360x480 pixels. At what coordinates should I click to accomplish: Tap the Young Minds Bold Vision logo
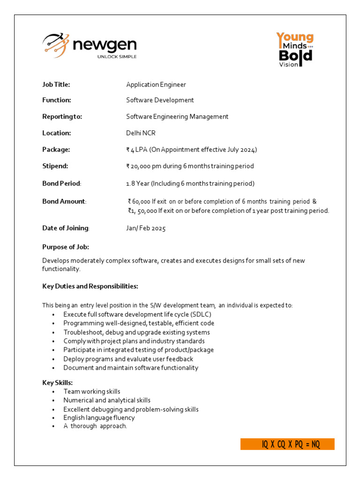pos(294,49)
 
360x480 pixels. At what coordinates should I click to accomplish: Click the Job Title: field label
pos(56,84)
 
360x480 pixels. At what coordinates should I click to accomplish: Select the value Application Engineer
pos(156,84)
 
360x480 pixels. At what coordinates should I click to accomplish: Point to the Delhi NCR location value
pos(141,133)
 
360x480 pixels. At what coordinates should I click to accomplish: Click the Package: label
pos(56,150)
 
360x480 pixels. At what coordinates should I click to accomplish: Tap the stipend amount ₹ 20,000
pos(142,166)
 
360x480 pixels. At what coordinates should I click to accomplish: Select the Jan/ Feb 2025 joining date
pos(146,228)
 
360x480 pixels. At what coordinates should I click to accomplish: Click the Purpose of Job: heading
pos(66,247)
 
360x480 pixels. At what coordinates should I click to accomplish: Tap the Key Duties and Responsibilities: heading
pos(90,286)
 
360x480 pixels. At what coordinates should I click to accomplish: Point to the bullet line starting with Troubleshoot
pos(136,332)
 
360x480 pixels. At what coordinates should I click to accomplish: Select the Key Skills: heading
pos(58,382)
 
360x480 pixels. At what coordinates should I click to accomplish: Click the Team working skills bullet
pos(92,391)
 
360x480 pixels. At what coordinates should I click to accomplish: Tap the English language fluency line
pos(99,418)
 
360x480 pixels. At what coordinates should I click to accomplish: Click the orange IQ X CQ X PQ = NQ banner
pos(287,444)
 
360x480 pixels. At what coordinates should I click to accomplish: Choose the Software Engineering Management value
pos(177,117)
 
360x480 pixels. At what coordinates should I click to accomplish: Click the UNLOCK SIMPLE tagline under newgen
pos(117,57)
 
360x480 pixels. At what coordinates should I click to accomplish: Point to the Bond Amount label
pos(64,202)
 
